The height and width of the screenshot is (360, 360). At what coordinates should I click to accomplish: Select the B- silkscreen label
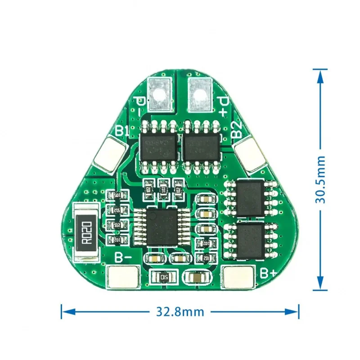click(123, 258)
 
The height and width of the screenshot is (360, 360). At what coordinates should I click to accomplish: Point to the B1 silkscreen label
click(122, 131)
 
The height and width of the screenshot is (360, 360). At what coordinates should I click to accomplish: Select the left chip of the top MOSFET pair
click(158, 145)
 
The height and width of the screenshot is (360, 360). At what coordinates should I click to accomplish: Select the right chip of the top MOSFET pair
click(201, 145)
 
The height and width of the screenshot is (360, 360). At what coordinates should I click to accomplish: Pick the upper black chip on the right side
click(250, 198)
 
